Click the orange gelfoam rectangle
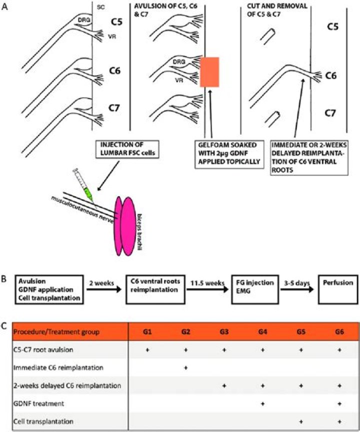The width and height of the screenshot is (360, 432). tap(209, 72)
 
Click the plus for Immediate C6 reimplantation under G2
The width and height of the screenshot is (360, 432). tap(186, 368)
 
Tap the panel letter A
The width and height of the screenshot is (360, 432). tap(5, 7)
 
